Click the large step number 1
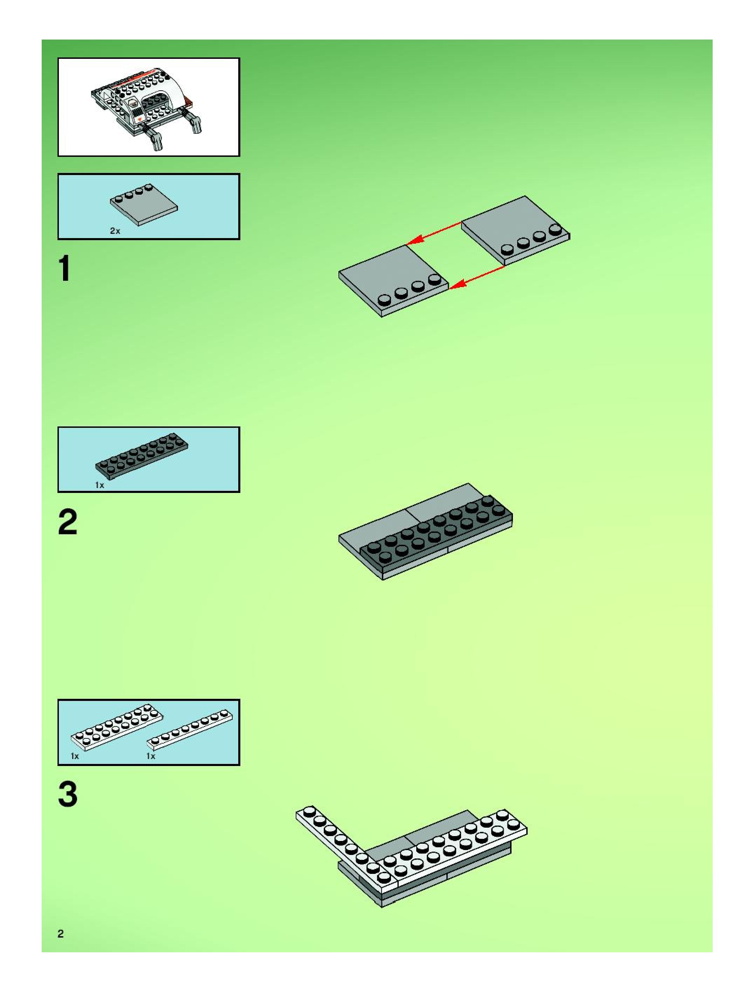click(x=65, y=268)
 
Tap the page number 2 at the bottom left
click(x=61, y=933)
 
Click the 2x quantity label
click(x=115, y=231)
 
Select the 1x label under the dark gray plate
click(x=100, y=485)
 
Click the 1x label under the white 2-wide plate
click(x=75, y=756)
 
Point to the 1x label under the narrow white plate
click(x=151, y=756)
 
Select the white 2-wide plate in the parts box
click(x=117, y=726)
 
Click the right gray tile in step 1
click(x=516, y=230)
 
